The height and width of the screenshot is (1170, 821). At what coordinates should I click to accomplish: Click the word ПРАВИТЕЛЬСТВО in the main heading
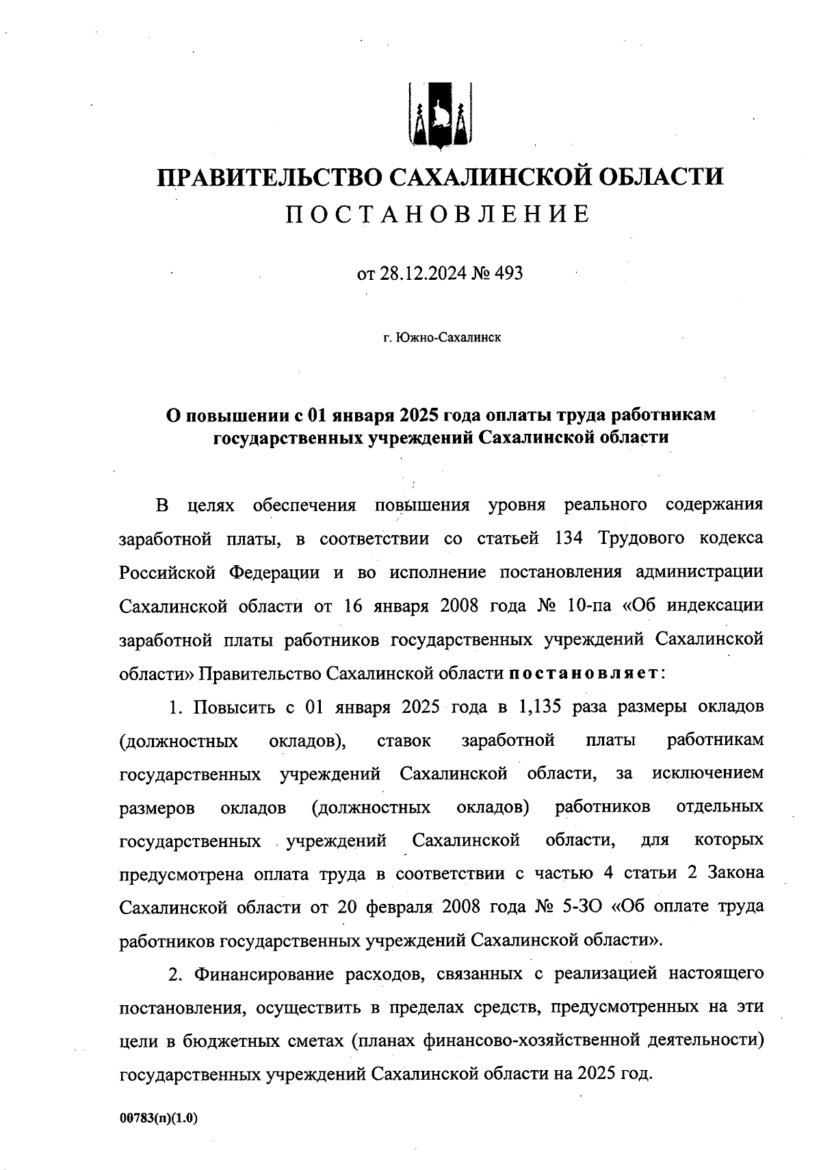tap(270, 177)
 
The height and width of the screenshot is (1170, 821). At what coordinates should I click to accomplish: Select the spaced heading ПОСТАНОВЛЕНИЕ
tap(437, 215)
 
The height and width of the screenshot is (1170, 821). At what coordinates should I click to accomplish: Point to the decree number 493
tap(508, 274)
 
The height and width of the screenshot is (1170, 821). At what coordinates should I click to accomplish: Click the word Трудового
tap(642, 538)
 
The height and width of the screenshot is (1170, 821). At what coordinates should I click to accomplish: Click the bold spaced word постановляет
tap(583, 673)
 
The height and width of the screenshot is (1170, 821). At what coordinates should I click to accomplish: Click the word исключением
tap(708, 774)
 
